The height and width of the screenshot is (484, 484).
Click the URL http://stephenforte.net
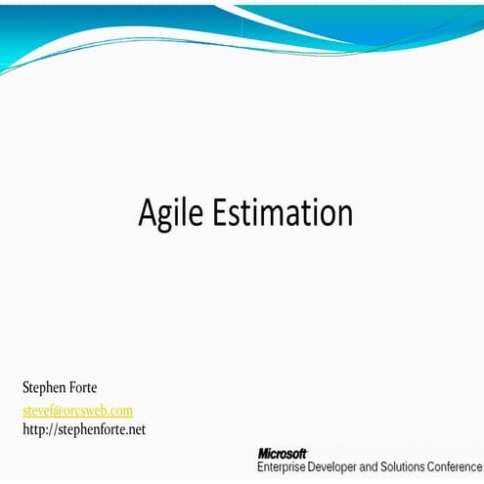(83, 429)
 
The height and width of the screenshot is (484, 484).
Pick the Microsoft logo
(283, 454)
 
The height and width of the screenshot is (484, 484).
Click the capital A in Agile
(150, 211)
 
